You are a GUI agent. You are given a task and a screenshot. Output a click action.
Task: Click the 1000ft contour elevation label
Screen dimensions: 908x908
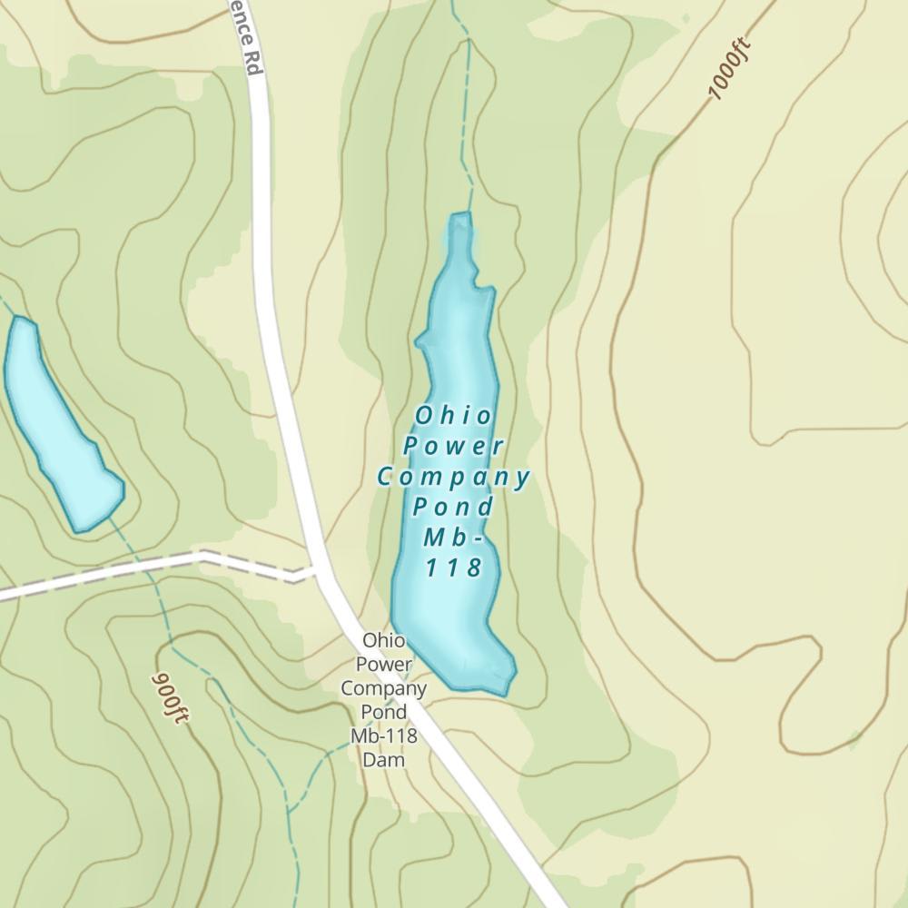(730, 69)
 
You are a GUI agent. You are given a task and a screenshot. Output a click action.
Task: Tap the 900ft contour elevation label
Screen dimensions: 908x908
(171, 697)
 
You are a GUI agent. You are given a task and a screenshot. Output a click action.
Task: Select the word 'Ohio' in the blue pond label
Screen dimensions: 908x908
(454, 416)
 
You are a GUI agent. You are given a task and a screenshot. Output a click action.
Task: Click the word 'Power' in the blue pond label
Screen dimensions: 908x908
(454, 446)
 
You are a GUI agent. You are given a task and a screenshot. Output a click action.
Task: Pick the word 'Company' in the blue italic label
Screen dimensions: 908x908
(454, 477)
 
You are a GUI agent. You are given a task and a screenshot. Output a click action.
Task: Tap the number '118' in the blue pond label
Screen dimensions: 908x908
(453, 568)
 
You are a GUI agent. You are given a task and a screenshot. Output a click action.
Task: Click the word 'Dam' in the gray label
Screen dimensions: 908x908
(383, 759)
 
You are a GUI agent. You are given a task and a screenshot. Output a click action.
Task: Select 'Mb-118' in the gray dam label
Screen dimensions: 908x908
(383, 735)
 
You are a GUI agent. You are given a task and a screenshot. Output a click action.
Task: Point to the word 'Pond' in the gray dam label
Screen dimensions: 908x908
(383, 711)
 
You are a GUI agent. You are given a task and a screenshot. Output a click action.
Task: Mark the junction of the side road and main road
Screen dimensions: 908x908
(318, 572)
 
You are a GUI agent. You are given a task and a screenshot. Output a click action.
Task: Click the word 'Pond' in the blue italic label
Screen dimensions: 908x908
(453, 507)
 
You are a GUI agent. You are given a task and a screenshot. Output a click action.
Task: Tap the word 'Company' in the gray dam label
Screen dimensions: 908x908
(383, 687)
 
